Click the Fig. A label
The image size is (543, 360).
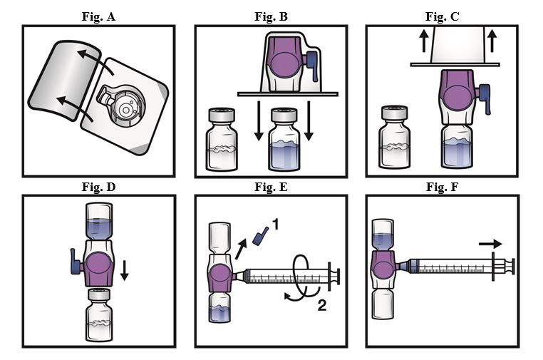point(98,15)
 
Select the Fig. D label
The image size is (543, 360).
point(98,187)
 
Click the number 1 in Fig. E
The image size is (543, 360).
point(275,225)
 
